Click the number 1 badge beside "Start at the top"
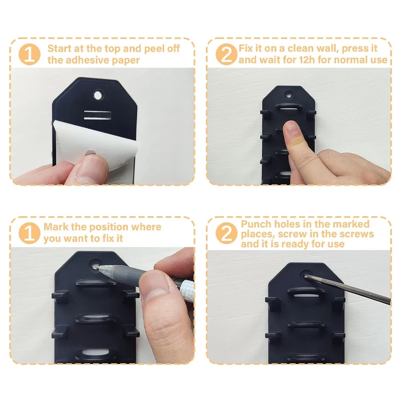click(30, 54)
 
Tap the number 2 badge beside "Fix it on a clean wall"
click(227, 54)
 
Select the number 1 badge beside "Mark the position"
click(30, 233)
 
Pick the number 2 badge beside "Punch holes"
click(227, 233)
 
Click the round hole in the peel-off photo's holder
click(98, 95)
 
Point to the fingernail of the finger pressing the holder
click(291, 127)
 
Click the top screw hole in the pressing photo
click(289, 96)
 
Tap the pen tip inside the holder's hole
click(96, 267)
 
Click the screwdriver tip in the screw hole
click(305, 276)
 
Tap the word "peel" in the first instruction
click(154, 49)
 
